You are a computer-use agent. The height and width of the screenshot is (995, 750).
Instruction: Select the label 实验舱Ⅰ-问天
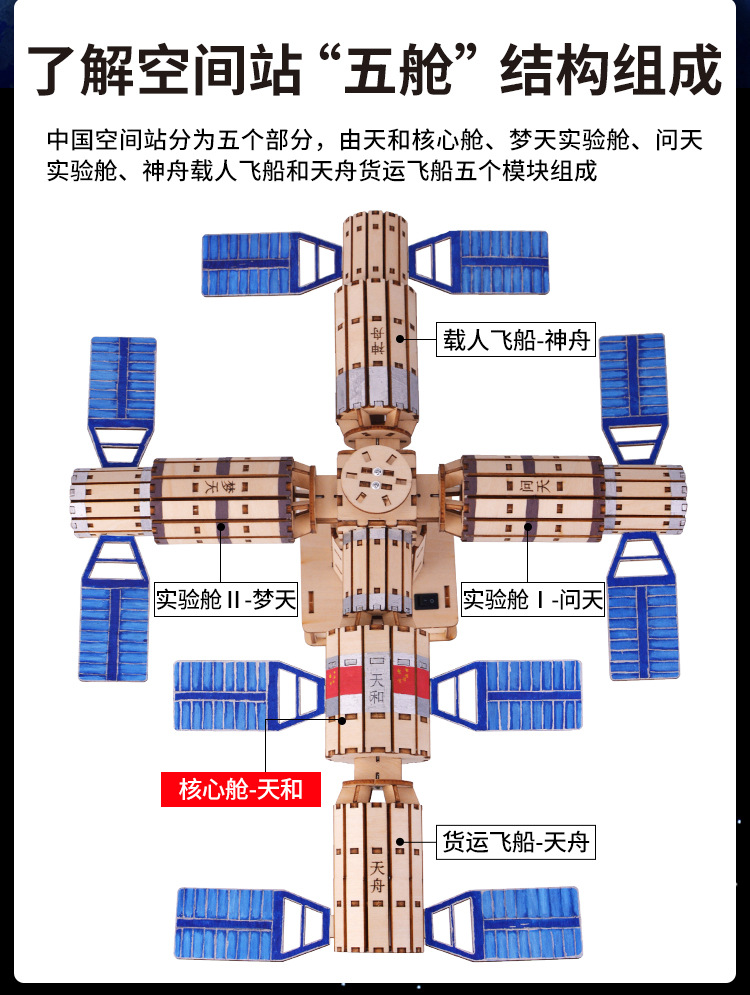pos(533,600)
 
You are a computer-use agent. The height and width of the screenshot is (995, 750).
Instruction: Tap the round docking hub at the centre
pos(375,479)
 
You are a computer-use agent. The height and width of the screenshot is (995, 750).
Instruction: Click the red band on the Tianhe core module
pos(375,689)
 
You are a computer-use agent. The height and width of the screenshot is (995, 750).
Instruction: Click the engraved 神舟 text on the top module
pos(377,340)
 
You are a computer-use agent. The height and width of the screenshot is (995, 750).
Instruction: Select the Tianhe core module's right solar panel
pos(510,693)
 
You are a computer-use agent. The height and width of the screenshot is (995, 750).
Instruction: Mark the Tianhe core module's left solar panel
pos(240,693)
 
